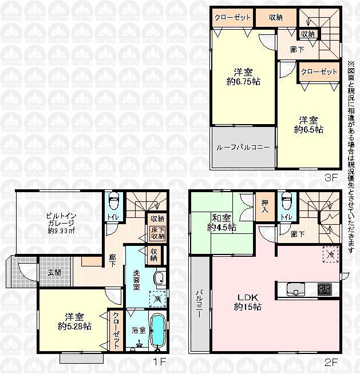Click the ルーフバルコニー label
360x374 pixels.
(x=243, y=148)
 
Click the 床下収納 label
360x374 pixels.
(x=157, y=233)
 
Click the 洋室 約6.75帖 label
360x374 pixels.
(x=243, y=77)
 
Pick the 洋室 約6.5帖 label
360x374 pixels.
(x=308, y=125)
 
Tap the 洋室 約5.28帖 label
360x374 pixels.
(x=74, y=322)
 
